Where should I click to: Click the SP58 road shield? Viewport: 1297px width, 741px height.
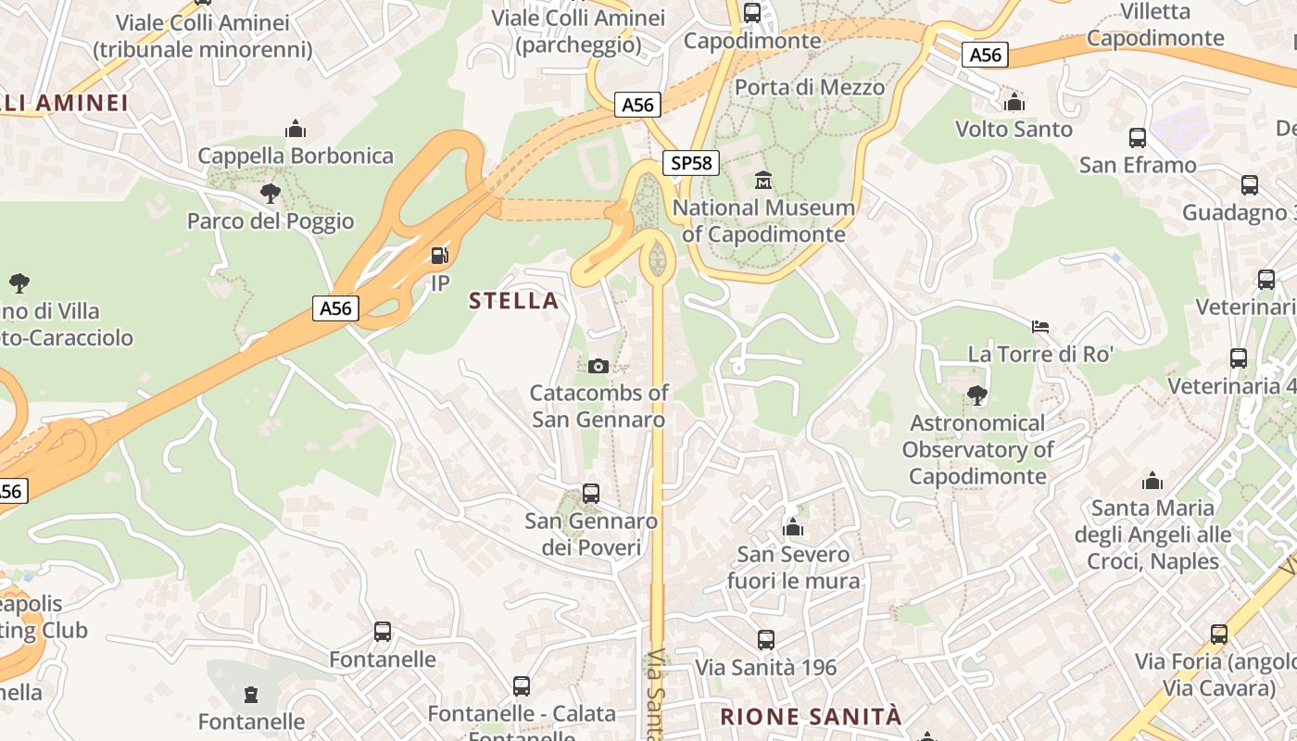coord(691,164)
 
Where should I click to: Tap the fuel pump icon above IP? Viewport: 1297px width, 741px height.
coord(440,256)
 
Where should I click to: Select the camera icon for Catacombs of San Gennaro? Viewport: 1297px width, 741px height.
coord(598,366)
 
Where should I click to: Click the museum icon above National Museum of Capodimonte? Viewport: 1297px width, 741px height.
coord(763,180)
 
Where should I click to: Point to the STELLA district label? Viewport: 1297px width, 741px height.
coord(513,300)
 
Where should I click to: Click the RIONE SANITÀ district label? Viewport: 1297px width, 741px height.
coord(810,716)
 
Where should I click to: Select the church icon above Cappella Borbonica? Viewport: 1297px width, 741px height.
coord(296,128)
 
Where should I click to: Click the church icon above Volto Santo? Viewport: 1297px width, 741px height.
coord(1014,102)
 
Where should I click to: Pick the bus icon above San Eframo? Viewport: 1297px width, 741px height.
coord(1138,138)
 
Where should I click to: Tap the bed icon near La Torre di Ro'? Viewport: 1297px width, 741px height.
coord(1040,327)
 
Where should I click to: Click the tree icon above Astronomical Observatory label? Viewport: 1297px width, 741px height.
coord(976,396)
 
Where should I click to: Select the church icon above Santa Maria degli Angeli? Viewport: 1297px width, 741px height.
coord(1152,481)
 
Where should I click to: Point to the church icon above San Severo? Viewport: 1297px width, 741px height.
coord(793,528)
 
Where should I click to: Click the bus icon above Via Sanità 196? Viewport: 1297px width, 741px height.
coord(765,640)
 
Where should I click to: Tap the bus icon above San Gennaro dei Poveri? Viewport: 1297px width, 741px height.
coord(591,494)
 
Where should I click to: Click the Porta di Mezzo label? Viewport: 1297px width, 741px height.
coord(809,87)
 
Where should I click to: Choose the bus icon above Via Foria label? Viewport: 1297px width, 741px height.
coord(1219,634)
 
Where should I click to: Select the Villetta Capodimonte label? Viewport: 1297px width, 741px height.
coord(1155,25)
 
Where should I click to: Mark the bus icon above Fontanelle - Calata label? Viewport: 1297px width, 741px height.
coord(522,686)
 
